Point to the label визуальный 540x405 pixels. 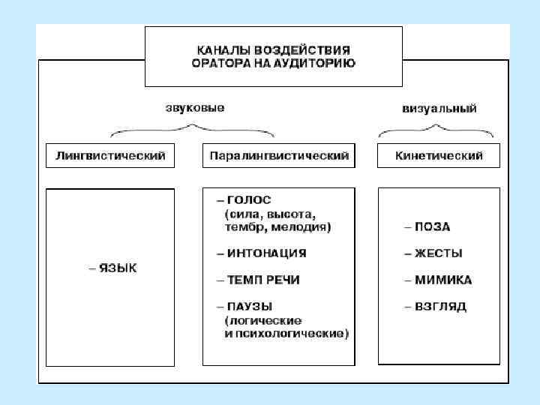[x=439, y=108]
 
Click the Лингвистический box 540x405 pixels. [x=111, y=156]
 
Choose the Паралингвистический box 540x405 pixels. [x=279, y=156]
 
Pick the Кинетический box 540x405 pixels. [x=439, y=156]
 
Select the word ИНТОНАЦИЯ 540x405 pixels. [x=266, y=253]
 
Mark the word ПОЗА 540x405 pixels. [x=432, y=226]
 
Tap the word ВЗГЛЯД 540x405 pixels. [x=441, y=306]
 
